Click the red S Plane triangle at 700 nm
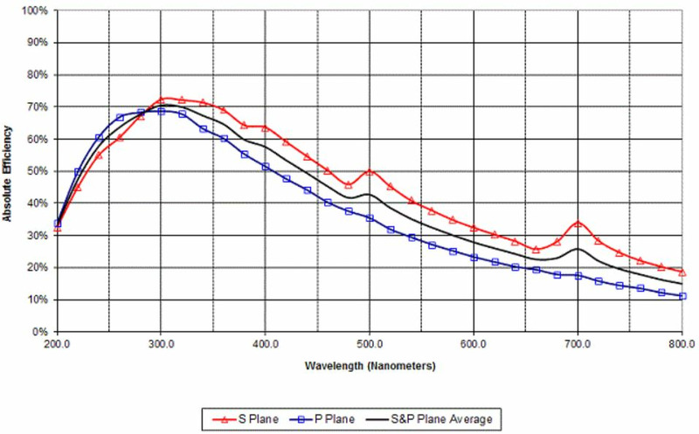[x=578, y=224]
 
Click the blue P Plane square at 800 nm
[x=682, y=296]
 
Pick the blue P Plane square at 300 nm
[x=161, y=112]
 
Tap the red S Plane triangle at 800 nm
[x=682, y=272]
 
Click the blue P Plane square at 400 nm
[x=265, y=166]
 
